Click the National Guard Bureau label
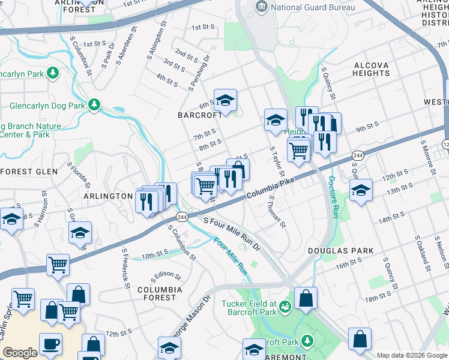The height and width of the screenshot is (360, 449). (x=312, y=8)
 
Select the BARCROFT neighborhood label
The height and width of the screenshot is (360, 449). (x=196, y=115)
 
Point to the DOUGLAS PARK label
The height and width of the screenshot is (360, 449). (x=340, y=251)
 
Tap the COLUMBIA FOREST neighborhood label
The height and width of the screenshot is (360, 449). (x=160, y=293)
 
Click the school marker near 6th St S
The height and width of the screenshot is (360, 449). (x=226, y=101)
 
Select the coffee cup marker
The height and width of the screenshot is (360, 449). (x=50, y=345)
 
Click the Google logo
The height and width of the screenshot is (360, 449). (x=19, y=353)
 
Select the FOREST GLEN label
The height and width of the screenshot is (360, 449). (x=28, y=171)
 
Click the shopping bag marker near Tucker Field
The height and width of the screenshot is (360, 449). (x=306, y=298)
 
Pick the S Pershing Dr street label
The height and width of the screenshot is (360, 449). (x=199, y=74)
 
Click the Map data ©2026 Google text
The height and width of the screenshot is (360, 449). (x=411, y=355)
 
